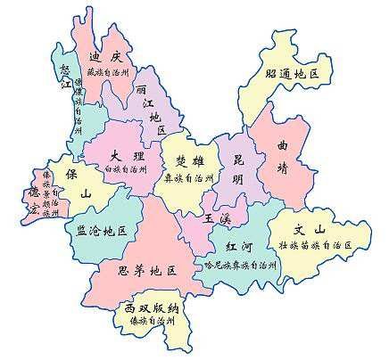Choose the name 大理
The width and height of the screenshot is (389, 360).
(x=120, y=154)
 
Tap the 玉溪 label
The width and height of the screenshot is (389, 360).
(x=213, y=217)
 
